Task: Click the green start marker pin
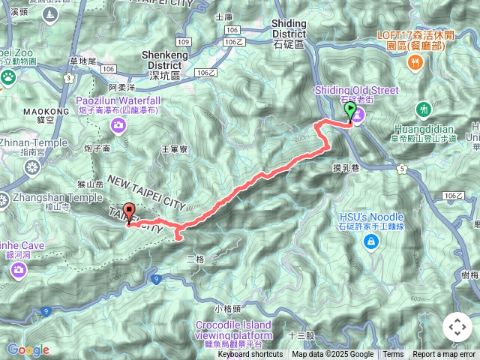pyautogui.click(x=349, y=112)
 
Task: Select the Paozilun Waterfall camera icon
pyautogui.click(x=117, y=126)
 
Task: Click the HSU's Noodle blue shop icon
pyautogui.click(x=370, y=241)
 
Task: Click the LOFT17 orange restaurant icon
pyautogui.click(x=415, y=63)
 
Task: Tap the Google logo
pyautogui.click(x=28, y=349)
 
